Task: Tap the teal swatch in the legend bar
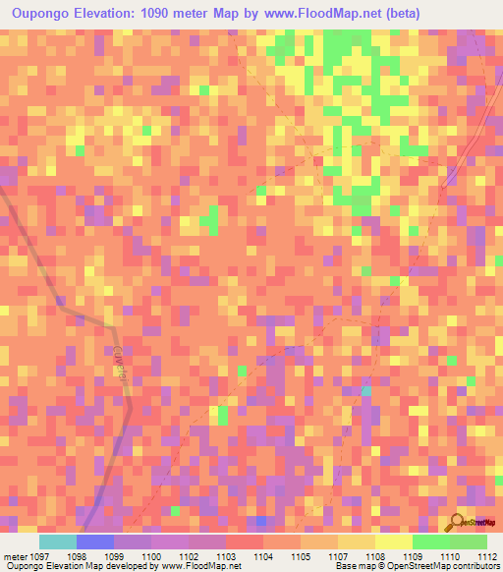(57, 542)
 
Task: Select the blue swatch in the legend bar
(94, 542)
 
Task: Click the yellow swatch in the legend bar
(393, 542)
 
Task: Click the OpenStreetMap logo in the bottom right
(469, 522)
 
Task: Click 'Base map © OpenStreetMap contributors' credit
(416, 566)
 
